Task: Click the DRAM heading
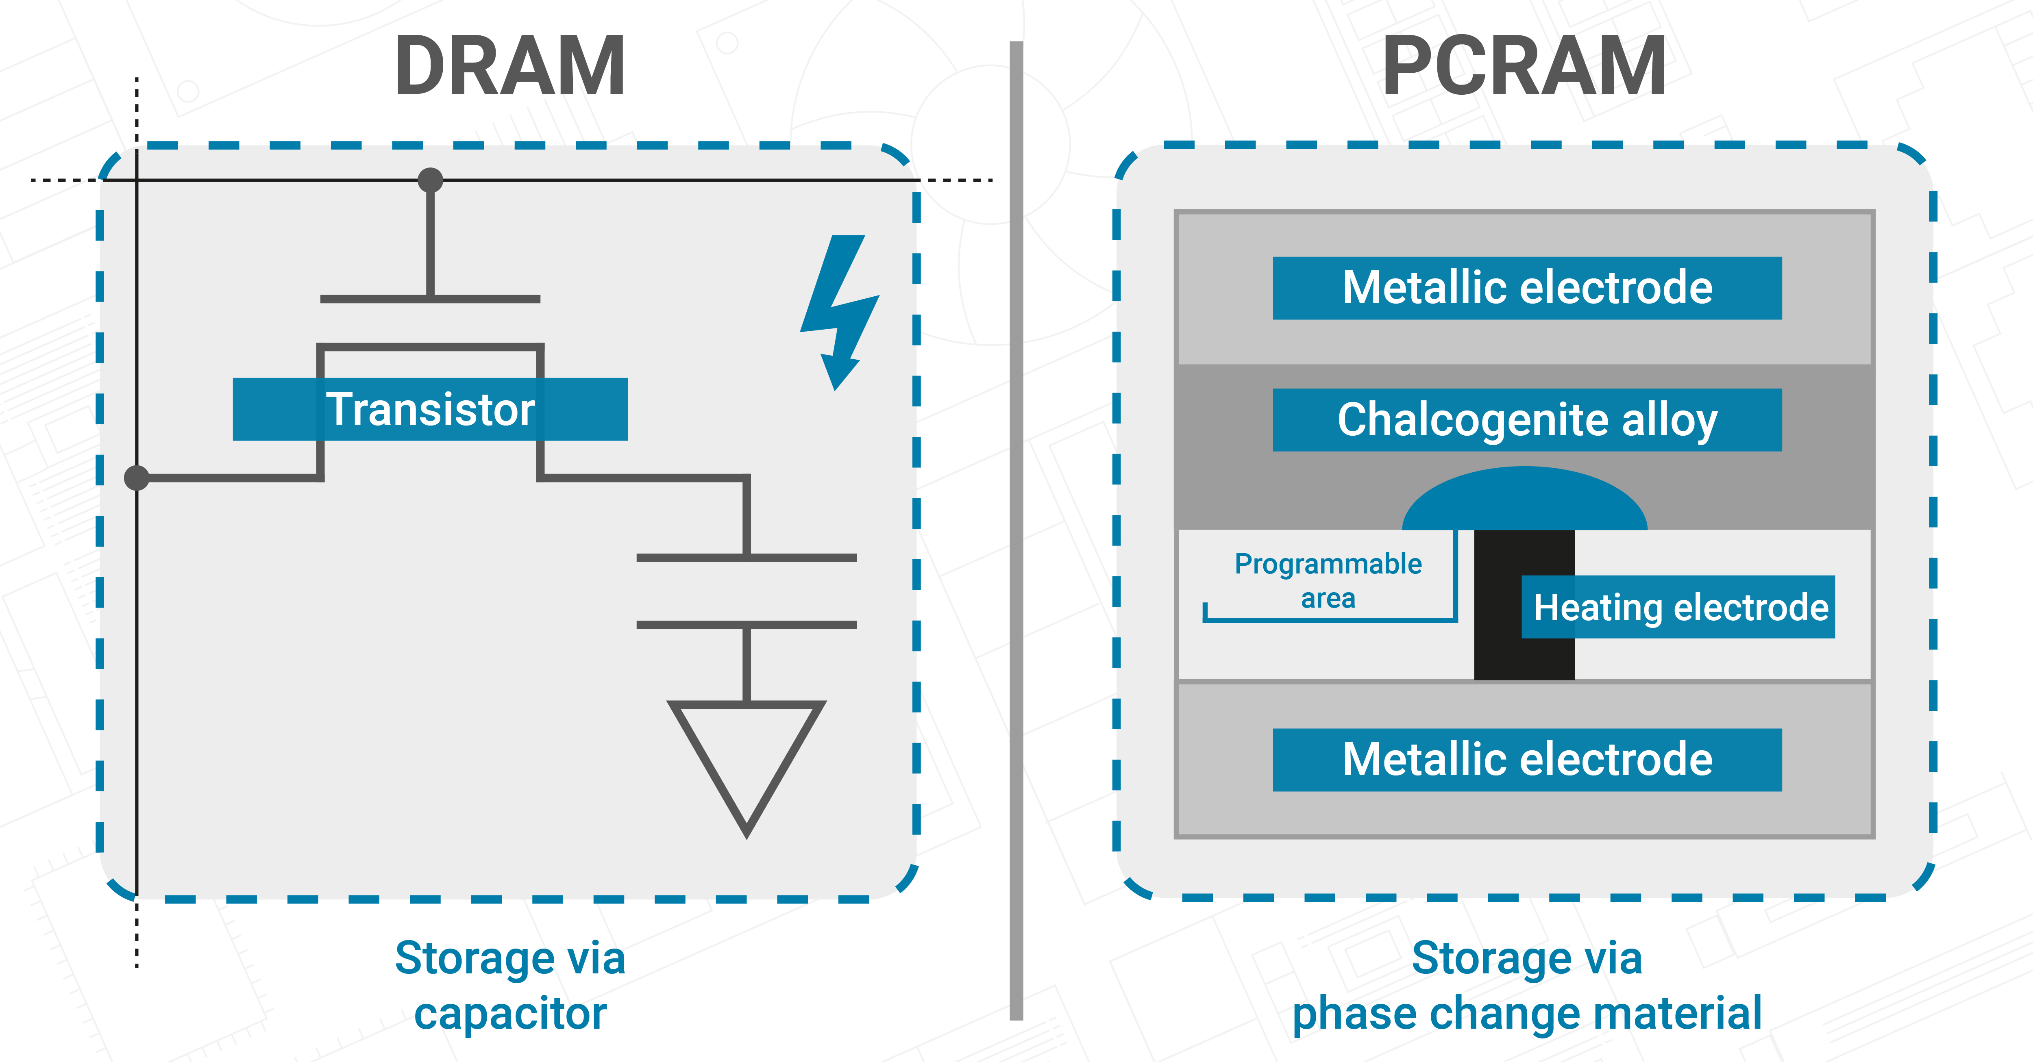pyautogui.click(x=510, y=67)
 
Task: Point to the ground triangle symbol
pyautogui.click(x=747, y=758)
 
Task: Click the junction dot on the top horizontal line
pyautogui.click(x=430, y=180)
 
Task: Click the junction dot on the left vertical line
pyautogui.click(x=137, y=477)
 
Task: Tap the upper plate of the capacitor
pyautogui.click(x=747, y=558)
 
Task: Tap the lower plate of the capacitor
pyautogui.click(x=747, y=625)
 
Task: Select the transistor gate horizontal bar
pyautogui.click(x=430, y=299)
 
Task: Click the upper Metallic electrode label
pyautogui.click(x=1527, y=288)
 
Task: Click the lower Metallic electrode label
pyautogui.click(x=1527, y=760)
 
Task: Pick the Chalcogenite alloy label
pyautogui.click(x=1527, y=420)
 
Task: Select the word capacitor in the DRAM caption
pyautogui.click(x=510, y=1014)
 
